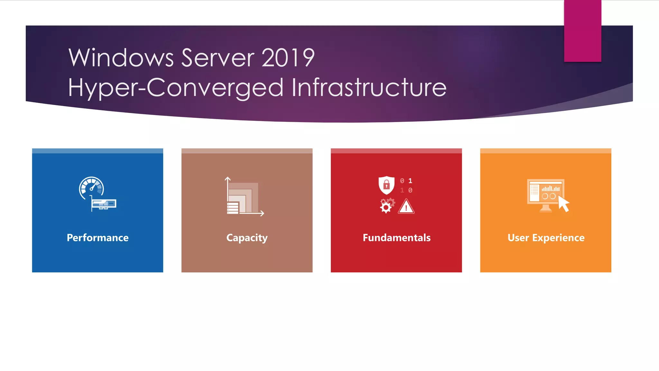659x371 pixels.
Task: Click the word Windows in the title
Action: (x=121, y=58)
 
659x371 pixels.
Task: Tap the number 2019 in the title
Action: (x=288, y=58)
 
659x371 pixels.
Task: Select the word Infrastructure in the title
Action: (x=369, y=87)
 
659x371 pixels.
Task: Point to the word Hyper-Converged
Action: (x=176, y=88)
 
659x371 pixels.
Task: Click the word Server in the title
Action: (x=218, y=58)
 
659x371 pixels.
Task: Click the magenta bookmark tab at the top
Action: (x=582, y=31)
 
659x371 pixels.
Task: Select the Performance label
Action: (x=97, y=238)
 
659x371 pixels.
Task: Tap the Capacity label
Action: (x=247, y=238)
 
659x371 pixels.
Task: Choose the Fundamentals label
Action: (x=396, y=238)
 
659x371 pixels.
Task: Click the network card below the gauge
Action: (x=103, y=204)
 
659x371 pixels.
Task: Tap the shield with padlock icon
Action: (x=386, y=185)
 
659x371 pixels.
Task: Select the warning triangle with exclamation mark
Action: (x=406, y=207)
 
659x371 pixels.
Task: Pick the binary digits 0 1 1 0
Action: (x=406, y=185)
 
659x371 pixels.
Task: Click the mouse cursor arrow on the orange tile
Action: (x=563, y=204)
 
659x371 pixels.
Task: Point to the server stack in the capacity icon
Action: (x=233, y=208)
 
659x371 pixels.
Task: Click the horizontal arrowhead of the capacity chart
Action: (x=262, y=213)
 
